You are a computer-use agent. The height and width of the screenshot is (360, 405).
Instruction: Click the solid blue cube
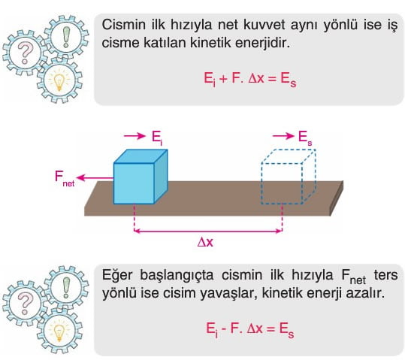141,177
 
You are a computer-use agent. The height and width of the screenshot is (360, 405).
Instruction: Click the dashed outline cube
289,177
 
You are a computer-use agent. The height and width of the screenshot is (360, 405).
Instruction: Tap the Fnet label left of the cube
65,178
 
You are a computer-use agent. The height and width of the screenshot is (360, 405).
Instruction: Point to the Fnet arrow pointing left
95,178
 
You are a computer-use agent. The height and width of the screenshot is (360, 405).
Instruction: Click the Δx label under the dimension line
205,242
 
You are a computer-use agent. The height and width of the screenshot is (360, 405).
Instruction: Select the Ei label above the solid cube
157,138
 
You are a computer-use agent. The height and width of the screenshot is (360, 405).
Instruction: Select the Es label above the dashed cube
305,137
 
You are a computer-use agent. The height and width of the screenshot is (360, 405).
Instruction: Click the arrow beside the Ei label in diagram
134,136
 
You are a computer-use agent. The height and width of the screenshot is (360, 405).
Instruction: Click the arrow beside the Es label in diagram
283,136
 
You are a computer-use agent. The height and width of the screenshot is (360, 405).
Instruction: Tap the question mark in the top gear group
25,53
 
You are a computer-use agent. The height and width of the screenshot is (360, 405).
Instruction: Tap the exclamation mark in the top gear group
66,37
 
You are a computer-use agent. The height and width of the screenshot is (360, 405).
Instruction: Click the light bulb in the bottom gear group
59,332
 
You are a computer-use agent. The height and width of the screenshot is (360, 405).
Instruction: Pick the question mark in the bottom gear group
25,304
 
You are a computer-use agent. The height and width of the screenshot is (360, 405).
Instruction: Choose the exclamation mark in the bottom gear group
66,287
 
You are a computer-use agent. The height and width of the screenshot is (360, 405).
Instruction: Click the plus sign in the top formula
223,78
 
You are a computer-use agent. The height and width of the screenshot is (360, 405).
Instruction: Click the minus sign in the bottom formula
224,329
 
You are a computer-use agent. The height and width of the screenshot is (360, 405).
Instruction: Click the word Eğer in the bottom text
117,276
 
